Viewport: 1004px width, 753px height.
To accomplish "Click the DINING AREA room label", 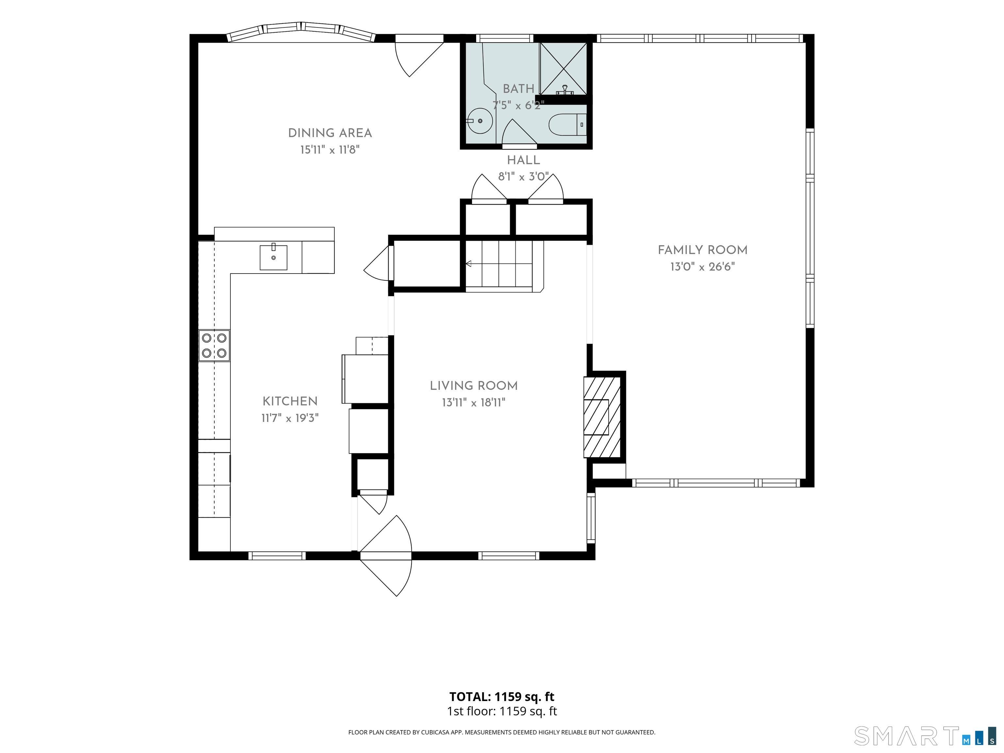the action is tap(330, 133).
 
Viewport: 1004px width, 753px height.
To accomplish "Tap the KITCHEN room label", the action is tap(290, 401).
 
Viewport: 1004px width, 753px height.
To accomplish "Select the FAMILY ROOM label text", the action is tap(703, 250).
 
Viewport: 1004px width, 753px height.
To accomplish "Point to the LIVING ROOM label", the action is tap(474, 386).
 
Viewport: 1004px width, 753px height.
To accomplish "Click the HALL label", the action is tap(523, 160).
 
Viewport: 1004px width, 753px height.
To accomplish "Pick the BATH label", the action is tap(518, 89).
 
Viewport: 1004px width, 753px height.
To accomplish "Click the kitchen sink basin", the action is tap(273, 257).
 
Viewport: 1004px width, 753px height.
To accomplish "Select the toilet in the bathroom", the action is tap(567, 125).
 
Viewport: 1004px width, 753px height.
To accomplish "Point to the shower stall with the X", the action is tap(563, 69).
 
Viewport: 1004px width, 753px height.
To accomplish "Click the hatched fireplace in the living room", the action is tap(602, 417).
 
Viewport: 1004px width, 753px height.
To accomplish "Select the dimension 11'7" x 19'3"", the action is tap(290, 418).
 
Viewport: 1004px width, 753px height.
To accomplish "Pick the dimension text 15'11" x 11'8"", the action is tap(330, 150).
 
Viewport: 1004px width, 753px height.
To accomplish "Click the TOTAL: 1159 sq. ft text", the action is tap(502, 697).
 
